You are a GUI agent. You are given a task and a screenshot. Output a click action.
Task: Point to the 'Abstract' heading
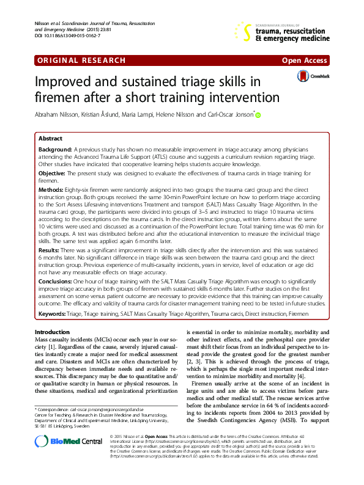[x=50, y=139]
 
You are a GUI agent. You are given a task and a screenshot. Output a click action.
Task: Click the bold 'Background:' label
[x=55, y=149]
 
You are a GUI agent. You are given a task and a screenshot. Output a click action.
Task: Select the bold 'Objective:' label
[x=52, y=173]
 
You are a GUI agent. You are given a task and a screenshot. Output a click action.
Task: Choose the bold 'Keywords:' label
[x=54, y=313]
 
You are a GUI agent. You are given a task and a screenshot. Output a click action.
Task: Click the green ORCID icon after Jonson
[x=258, y=115]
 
